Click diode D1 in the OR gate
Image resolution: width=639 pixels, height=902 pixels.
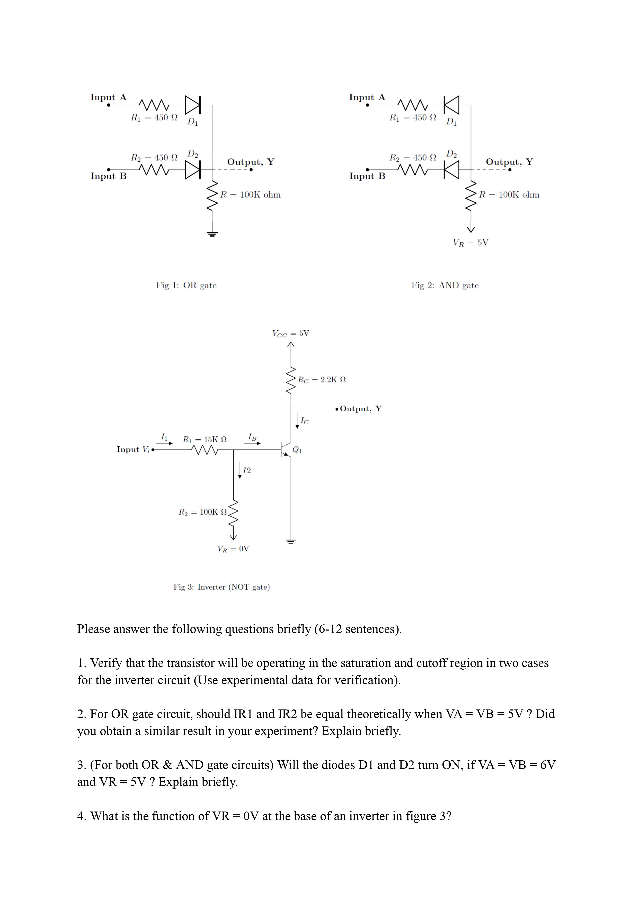pyautogui.click(x=193, y=105)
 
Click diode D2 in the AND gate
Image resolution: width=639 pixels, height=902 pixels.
pyautogui.click(x=451, y=170)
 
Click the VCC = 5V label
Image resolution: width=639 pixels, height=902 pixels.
pyautogui.click(x=290, y=333)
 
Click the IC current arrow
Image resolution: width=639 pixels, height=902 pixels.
pyautogui.click(x=297, y=421)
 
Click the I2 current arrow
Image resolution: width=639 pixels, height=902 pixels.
pyautogui.click(x=240, y=470)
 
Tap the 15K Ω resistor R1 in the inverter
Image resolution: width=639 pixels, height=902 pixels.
pyautogui.click(x=205, y=449)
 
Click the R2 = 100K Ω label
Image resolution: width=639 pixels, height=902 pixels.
pyautogui.click(x=203, y=512)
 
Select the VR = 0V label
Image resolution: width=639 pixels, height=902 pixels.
pyautogui.click(x=233, y=549)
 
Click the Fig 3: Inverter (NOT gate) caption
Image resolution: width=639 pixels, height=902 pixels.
pyautogui.click(x=221, y=587)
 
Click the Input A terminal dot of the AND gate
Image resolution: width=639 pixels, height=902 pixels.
pyautogui.click(x=367, y=105)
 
